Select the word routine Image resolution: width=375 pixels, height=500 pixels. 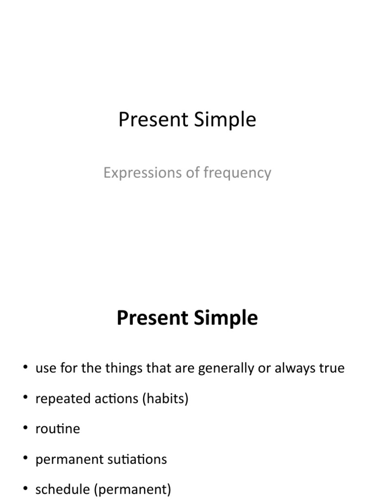point(58,429)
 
